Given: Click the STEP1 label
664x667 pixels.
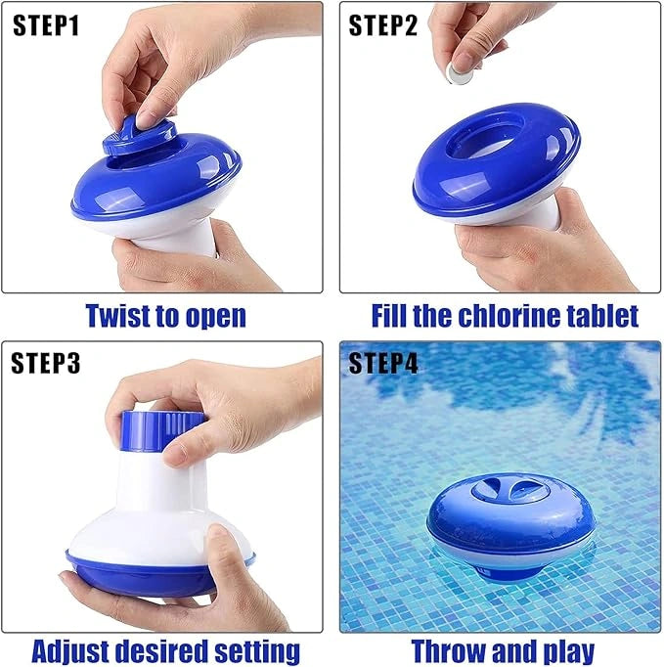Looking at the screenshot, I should pos(46,26).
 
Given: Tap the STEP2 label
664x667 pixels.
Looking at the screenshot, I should pos(383,26).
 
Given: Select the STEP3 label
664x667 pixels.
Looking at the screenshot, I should pos(46,365).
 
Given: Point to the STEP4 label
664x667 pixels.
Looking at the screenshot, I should pos(383,365).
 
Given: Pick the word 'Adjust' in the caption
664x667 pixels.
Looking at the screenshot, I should pos(74,650).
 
